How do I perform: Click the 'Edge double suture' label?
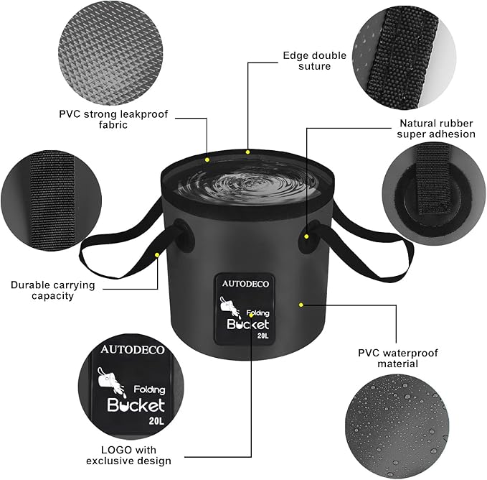(x=314, y=61)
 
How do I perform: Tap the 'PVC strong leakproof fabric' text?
(x=103, y=119)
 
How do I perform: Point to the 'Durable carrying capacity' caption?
(x=52, y=290)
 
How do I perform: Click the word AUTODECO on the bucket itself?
(x=245, y=284)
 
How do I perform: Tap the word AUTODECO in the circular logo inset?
(x=133, y=350)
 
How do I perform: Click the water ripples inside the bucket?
(x=247, y=185)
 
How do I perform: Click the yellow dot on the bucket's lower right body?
(x=301, y=305)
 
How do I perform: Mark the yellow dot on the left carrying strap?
(x=157, y=254)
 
